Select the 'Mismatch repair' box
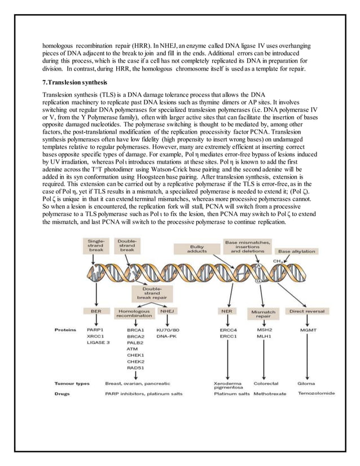(x=262, y=314)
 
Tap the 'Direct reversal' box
(x=306, y=310)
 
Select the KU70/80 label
(x=167, y=328)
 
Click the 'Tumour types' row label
(x=72, y=384)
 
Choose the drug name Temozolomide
(x=317, y=393)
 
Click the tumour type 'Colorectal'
(x=266, y=384)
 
